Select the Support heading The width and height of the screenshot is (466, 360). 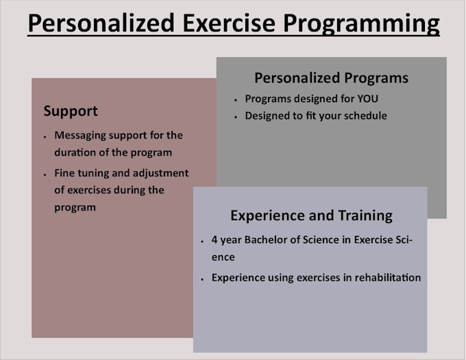click(x=71, y=111)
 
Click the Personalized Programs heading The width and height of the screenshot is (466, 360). click(x=331, y=77)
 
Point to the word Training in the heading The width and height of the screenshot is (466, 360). click(x=365, y=215)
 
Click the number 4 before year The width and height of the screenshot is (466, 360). click(x=214, y=241)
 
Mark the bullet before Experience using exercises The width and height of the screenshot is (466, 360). click(x=202, y=279)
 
